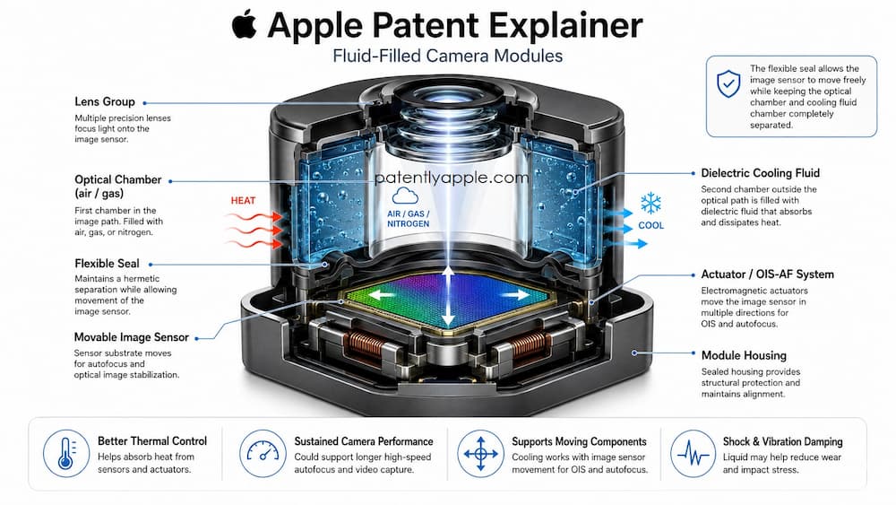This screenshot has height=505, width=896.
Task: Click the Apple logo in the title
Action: pos(245,24)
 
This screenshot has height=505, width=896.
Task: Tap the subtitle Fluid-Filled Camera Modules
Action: pos(447,56)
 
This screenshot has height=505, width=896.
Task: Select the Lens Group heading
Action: pos(105,101)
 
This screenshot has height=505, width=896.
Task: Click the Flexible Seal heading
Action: pos(107,264)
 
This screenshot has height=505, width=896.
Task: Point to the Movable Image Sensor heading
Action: pos(132,337)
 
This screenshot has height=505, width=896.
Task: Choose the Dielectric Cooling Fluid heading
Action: pos(760,173)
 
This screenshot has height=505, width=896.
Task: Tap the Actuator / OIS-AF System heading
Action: pos(768,274)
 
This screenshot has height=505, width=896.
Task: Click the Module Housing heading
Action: pos(744,356)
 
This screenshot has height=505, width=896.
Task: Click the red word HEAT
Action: pos(243,201)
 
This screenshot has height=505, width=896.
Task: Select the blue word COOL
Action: pos(650,225)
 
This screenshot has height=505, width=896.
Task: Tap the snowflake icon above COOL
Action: pos(650,203)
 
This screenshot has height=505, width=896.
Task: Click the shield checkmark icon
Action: pos(728,84)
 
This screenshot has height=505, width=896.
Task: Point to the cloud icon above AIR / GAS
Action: pos(405,196)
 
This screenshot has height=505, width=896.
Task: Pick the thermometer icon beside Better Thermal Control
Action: pos(66,454)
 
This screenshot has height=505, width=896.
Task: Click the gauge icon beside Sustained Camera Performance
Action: pos(263,454)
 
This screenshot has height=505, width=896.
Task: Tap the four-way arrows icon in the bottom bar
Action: pos(480,454)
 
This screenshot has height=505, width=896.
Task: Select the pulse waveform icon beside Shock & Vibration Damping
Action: pos(693,454)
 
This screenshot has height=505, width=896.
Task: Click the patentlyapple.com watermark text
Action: pos(452,178)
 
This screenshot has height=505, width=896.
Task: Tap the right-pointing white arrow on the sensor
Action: pos(516,294)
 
